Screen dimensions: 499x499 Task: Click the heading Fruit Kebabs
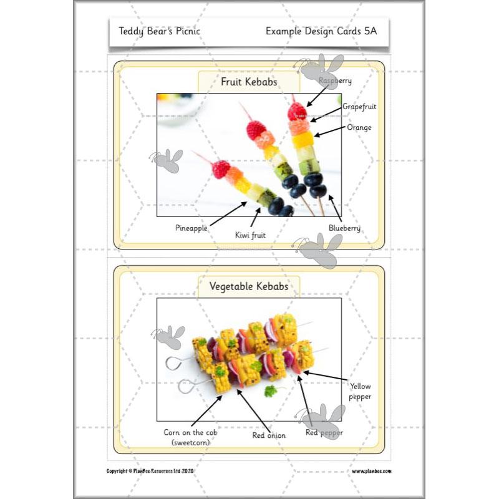[249, 82]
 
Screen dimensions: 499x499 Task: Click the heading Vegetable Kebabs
[249, 286]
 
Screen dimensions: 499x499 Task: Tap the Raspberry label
[336, 80]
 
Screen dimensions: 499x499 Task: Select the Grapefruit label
[359, 107]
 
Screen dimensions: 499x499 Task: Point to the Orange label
[359, 127]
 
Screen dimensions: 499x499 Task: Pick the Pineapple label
[191, 228]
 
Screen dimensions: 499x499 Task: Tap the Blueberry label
[345, 228]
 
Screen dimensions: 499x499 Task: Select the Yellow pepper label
[361, 391]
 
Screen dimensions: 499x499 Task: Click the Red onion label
[269, 435]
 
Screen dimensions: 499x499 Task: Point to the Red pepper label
[324, 432]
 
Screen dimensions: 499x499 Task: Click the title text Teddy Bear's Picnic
[160, 31]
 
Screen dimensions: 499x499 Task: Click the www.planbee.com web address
[371, 472]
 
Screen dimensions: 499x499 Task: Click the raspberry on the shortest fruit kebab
[220, 168]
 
